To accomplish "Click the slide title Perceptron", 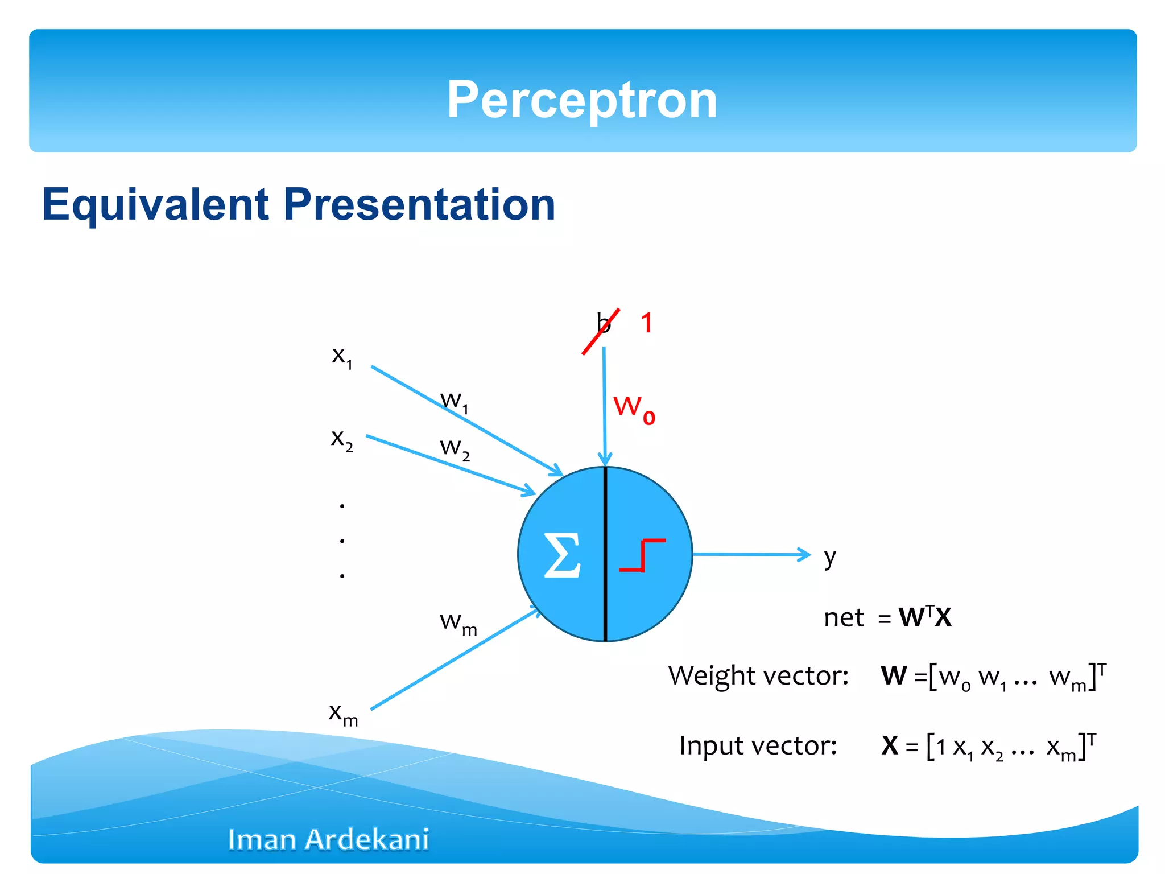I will pyautogui.click(x=582, y=100).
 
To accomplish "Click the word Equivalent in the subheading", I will pyautogui.click(x=155, y=204).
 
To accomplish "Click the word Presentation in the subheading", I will pyautogui.click(x=419, y=204).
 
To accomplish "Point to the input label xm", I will pyautogui.click(x=343, y=714).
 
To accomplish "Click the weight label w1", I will pyautogui.click(x=455, y=402).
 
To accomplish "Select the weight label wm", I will pyautogui.click(x=458, y=622).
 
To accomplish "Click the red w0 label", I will pyautogui.click(x=634, y=409).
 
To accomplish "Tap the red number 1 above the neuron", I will pyautogui.click(x=647, y=323).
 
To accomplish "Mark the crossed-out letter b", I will pyautogui.click(x=603, y=324).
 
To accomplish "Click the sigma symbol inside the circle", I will pyautogui.click(x=562, y=555).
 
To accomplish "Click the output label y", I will pyautogui.click(x=830, y=557).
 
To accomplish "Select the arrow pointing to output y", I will pyautogui.click(x=751, y=554).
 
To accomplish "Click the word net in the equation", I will pyautogui.click(x=844, y=618).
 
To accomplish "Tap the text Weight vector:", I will pyautogui.click(x=758, y=676).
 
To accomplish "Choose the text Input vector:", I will pyautogui.click(x=758, y=746).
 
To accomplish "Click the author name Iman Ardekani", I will pyautogui.click(x=328, y=839).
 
